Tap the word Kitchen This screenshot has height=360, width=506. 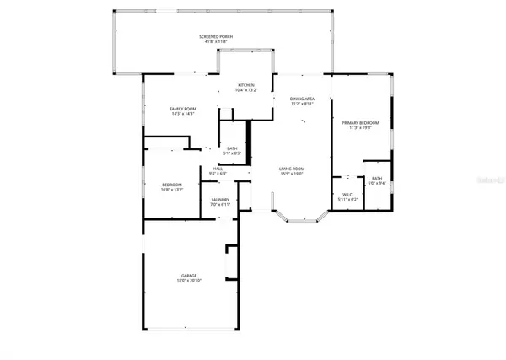[245, 85]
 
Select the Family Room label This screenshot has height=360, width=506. [183, 110]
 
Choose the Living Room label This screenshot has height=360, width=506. [292, 169]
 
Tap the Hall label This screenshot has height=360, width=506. [218, 169]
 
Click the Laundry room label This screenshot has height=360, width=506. [220, 200]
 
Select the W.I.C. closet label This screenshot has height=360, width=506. [347, 194]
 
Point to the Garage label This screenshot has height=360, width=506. [188, 275]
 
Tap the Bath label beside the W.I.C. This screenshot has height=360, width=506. [377, 178]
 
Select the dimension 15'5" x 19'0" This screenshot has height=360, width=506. [292, 175]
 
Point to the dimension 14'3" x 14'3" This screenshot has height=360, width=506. [183, 115]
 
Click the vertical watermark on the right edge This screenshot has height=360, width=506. [498, 180]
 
